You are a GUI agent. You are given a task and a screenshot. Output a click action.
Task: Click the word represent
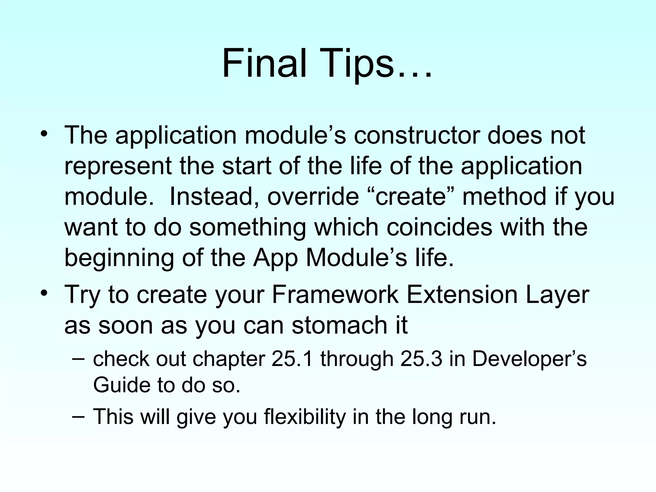[x=118, y=166]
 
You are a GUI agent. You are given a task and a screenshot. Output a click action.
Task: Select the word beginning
[x=119, y=258]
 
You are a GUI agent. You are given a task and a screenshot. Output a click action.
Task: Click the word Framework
[x=335, y=295]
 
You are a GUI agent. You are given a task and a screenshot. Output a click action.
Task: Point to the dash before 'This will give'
[x=79, y=416]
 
